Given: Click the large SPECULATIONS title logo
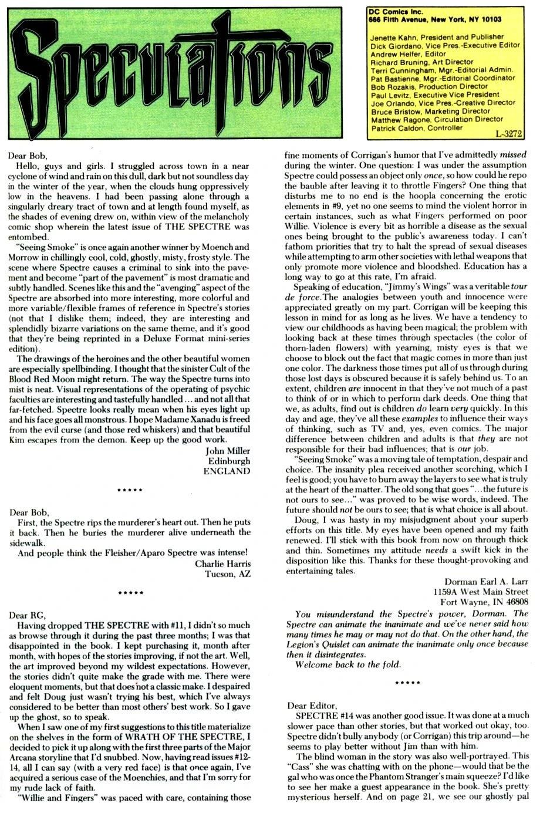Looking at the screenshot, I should coord(181,73).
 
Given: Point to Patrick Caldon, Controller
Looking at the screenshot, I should coord(417,127).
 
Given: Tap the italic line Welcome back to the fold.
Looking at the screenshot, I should coord(349,664).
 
